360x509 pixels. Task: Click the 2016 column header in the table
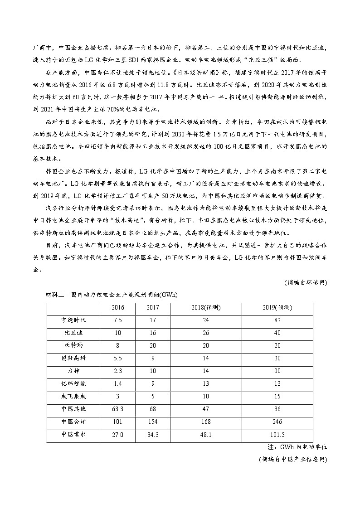(x=118, y=308)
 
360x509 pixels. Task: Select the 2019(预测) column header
(x=277, y=308)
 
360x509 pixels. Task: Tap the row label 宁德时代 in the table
(x=73, y=320)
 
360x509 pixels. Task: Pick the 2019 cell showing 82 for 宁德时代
(x=277, y=320)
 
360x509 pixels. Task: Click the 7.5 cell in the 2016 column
(x=118, y=320)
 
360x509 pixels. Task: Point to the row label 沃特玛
(x=73, y=345)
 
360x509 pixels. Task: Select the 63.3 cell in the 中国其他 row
(x=118, y=409)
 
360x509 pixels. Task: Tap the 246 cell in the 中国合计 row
(x=277, y=422)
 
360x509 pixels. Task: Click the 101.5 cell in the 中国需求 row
(x=277, y=434)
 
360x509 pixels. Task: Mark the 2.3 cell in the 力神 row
(x=118, y=371)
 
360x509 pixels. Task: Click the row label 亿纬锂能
(x=73, y=383)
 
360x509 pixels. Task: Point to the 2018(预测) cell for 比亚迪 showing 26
(x=206, y=333)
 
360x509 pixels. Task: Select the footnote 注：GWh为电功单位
(x=301, y=446)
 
